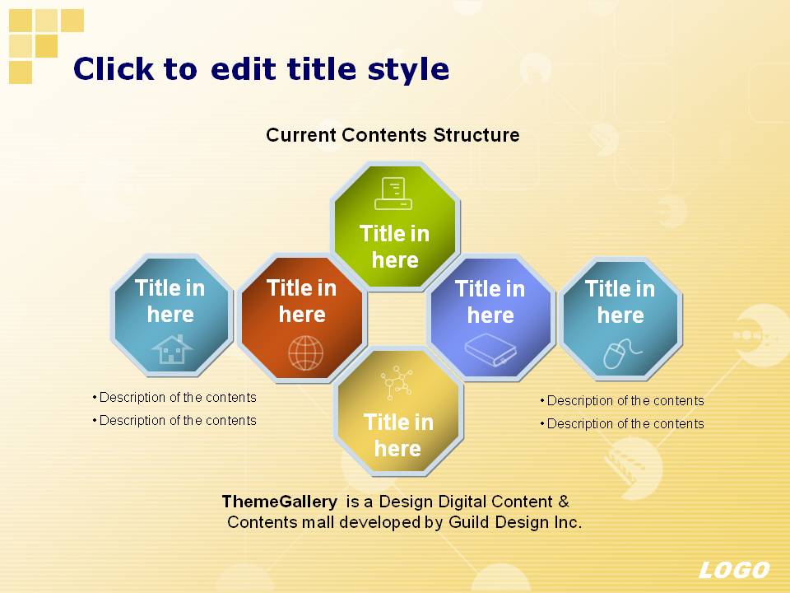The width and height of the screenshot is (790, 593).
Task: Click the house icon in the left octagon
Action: (172, 349)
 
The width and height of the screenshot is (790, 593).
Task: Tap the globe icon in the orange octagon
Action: (306, 353)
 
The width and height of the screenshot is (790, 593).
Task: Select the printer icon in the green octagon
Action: (393, 193)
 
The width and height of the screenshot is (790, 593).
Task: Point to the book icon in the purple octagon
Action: (490, 349)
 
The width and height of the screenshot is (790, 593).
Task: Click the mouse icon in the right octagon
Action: (622, 353)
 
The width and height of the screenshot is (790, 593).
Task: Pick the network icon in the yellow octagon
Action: (397, 383)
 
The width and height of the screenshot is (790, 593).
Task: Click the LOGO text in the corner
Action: (734, 570)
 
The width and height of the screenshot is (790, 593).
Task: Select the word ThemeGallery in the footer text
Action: (280, 502)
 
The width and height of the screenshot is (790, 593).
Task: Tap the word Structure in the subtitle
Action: (476, 135)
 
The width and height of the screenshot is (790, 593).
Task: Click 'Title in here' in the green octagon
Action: (395, 247)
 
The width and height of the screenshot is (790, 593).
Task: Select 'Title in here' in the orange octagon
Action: (302, 301)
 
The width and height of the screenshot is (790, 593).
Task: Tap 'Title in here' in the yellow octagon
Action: (398, 435)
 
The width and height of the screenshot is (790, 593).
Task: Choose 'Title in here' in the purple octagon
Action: (490, 302)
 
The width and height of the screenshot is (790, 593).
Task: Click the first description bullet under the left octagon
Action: (174, 397)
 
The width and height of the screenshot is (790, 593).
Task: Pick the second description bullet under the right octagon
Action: (622, 423)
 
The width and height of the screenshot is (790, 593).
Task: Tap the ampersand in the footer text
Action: (564, 502)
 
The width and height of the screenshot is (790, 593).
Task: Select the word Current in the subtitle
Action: (301, 135)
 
